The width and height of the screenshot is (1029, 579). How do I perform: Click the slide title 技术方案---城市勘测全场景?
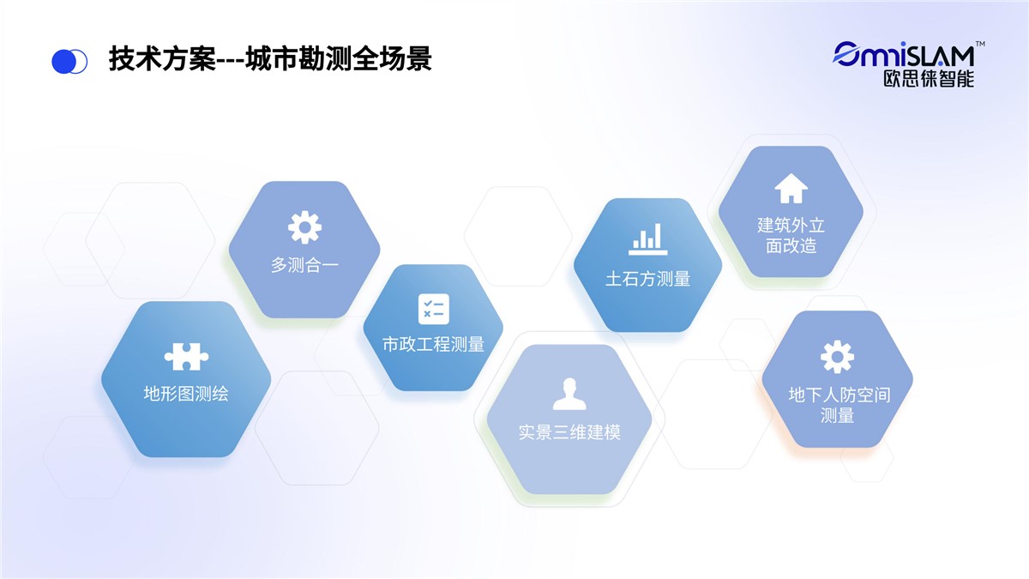tap(270, 59)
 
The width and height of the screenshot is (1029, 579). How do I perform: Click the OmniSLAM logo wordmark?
tap(904, 55)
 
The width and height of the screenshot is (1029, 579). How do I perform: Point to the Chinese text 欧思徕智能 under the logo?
tap(929, 79)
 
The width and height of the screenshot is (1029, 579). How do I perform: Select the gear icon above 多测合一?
tap(304, 227)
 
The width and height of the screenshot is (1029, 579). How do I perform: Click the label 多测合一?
tap(304, 265)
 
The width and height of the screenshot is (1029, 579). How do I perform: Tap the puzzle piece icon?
tap(186, 356)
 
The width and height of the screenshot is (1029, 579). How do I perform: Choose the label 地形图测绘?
tap(186, 394)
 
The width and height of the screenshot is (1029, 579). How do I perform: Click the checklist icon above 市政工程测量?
tap(434, 309)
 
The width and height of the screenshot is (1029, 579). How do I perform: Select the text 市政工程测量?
tap(434, 344)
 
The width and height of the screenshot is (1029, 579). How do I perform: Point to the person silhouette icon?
tap(569, 394)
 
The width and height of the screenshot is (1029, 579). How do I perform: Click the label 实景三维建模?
tap(569, 432)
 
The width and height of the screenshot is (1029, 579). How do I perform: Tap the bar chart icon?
tap(647, 239)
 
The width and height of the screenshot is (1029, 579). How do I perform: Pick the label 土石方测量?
tap(647, 279)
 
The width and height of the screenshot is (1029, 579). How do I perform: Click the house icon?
tap(791, 188)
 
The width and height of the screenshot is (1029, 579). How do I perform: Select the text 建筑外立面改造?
tap(791, 235)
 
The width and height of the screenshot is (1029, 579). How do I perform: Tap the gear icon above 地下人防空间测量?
tap(838, 357)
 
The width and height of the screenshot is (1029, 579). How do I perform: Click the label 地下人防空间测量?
tap(839, 405)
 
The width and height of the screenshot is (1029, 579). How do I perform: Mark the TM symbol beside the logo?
tap(980, 44)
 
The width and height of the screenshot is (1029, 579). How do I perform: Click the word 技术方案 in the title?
tap(162, 59)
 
